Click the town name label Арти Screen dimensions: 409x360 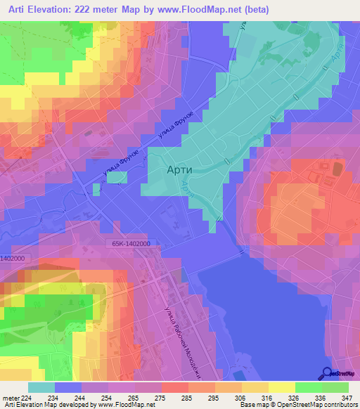[x=179, y=169]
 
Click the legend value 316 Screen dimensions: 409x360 [x=257, y=397]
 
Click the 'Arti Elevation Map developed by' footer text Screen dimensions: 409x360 [x=49, y=405]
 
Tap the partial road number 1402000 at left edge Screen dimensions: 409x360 [x=12, y=259]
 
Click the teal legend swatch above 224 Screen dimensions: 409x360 [x=41, y=387]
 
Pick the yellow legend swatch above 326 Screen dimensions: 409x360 [x=282, y=387]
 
